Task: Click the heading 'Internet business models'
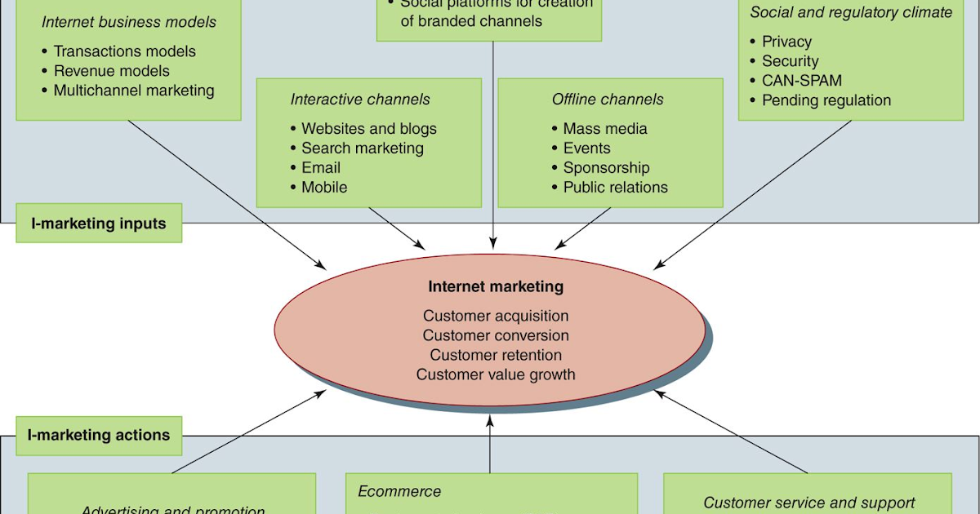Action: [x=128, y=22]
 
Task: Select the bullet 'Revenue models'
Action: [x=111, y=71]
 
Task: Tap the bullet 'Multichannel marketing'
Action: [x=133, y=91]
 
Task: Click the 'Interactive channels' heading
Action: [x=360, y=100]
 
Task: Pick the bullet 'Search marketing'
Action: [x=362, y=148]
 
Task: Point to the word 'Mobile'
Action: [x=324, y=187]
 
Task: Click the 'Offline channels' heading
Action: [x=608, y=100]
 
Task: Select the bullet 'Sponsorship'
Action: [x=606, y=167]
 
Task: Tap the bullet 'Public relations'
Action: [x=615, y=187]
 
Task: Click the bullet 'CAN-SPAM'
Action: [x=801, y=81]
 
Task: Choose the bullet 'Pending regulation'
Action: [x=826, y=100]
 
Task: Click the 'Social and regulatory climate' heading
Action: [x=851, y=12]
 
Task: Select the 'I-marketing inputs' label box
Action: [x=98, y=223]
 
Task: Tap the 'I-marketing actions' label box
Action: [x=99, y=435]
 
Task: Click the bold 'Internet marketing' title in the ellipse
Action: [x=496, y=286]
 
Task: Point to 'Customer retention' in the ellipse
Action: [x=496, y=355]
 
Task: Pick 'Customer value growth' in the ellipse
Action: [x=496, y=374]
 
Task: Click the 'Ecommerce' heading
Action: [x=399, y=491]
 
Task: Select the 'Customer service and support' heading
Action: [x=808, y=503]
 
